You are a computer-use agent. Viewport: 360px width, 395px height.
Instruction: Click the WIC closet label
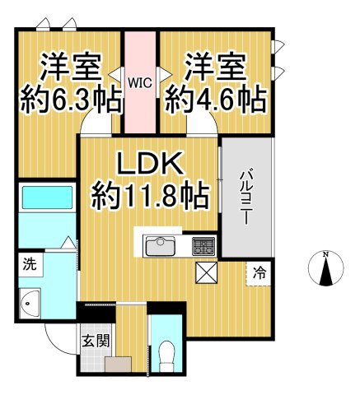[140, 81]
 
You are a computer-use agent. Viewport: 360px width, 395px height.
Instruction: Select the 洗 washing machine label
[30, 266]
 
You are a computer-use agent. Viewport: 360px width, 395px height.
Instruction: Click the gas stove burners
[203, 245]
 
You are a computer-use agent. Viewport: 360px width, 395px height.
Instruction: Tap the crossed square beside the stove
[205, 272]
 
